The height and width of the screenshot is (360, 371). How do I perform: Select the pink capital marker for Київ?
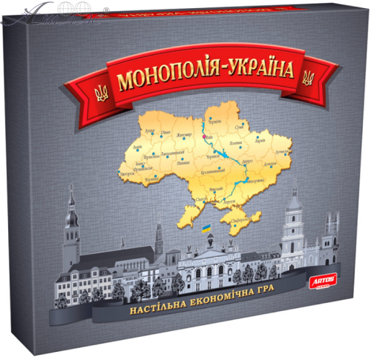[203, 137]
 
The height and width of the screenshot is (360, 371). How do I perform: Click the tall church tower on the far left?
[71, 223]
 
